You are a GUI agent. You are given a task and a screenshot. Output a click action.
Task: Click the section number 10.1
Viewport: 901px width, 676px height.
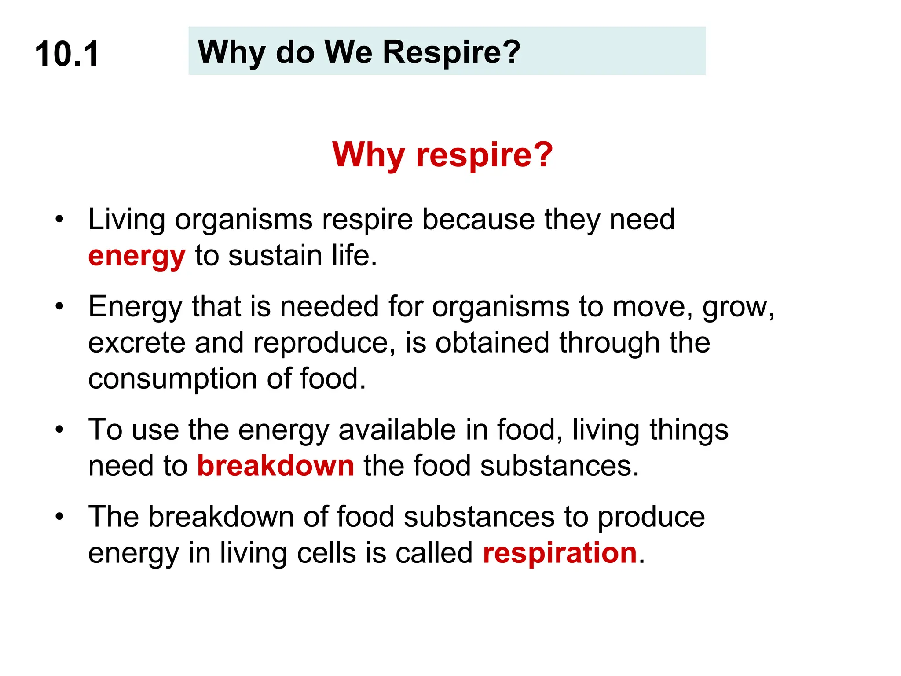coord(67,54)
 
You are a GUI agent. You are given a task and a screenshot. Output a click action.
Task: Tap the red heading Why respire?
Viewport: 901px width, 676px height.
coord(442,154)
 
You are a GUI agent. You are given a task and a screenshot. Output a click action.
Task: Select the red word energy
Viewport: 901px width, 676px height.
coord(136,256)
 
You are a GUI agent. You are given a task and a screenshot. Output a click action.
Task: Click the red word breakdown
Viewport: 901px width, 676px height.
coord(275,466)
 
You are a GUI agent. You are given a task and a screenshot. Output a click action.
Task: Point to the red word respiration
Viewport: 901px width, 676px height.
coord(560,553)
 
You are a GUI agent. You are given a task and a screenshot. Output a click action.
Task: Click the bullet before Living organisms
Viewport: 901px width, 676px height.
coord(60,219)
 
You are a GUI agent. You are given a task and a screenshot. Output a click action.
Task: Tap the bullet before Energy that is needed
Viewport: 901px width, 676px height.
coord(60,306)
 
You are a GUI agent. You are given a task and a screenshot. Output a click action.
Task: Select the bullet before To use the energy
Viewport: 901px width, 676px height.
coord(60,429)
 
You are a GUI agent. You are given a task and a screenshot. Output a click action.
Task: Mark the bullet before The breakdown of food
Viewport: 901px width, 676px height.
coord(60,516)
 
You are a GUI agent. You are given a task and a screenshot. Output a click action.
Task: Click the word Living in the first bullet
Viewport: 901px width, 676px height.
coord(127,220)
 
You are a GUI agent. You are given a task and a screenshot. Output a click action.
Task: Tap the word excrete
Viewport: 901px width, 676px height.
coord(136,343)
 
